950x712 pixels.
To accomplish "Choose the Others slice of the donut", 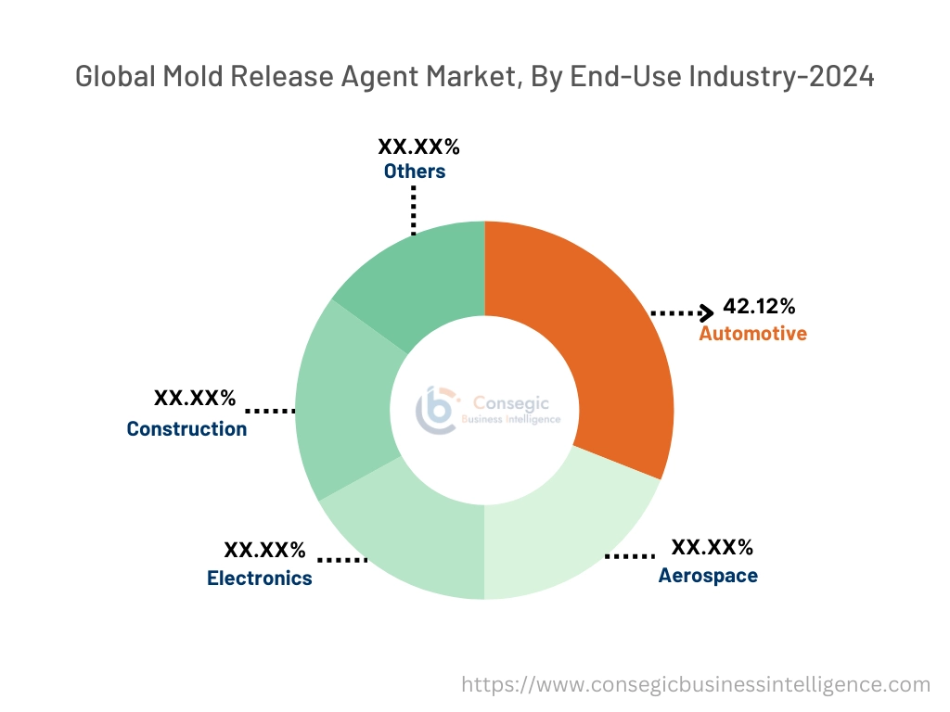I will (x=417, y=278).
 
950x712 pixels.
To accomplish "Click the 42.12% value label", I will (x=759, y=308).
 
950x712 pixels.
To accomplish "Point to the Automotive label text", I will (x=752, y=333).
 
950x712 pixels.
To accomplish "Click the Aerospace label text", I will (x=708, y=576).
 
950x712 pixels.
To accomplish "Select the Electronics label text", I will (x=260, y=578).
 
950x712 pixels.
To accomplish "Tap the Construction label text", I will (x=186, y=428).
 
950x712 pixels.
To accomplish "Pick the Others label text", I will (x=415, y=172).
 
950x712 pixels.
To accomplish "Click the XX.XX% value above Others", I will (x=418, y=146).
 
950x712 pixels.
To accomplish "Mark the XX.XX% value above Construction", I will (x=195, y=399).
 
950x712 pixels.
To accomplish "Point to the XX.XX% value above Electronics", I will (x=265, y=551).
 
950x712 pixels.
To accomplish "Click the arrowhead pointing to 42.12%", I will (x=707, y=313).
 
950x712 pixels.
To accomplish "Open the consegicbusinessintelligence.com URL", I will (x=696, y=684).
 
